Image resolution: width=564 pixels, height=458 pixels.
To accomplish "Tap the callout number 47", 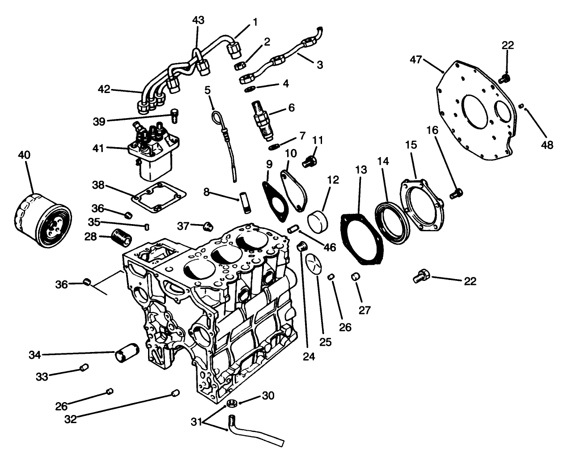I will click(416, 59).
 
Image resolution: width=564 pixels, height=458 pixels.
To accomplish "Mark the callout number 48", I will click(547, 144).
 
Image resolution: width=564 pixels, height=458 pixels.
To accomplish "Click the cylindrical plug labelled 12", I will click(319, 221).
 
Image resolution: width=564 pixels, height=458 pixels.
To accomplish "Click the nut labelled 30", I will click(232, 403).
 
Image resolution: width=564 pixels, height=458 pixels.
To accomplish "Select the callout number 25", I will click(325, 342).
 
